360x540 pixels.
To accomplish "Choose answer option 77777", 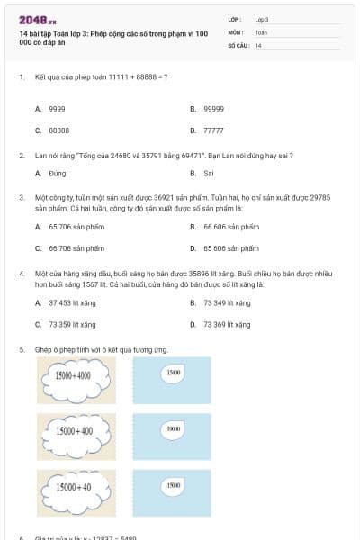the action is click(x=213, y=130).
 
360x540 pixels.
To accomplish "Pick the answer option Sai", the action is click(x=209, y=173).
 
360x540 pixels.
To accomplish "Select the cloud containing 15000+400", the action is click(x=73, y=432).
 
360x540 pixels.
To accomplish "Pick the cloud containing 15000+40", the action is click(x=73, y=488).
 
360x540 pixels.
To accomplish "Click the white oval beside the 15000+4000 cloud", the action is click(x=174, y=371).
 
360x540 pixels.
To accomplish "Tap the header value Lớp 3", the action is click(x=262, y=19).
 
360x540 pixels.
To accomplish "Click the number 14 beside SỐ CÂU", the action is click(x=258, y=45).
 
